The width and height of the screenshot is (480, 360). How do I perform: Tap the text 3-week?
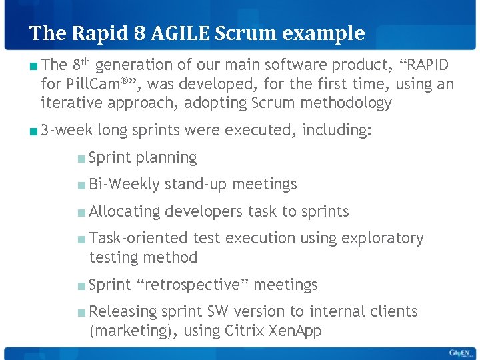coord(67,131)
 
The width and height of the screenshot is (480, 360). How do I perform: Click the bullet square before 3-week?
coord(33,131)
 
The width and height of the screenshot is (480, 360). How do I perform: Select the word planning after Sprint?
coord(166,158)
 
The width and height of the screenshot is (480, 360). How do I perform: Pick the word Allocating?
coord(125,211)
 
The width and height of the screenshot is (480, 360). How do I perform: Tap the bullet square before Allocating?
coord(81,212)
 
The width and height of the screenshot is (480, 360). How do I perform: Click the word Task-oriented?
coord(138,238)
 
